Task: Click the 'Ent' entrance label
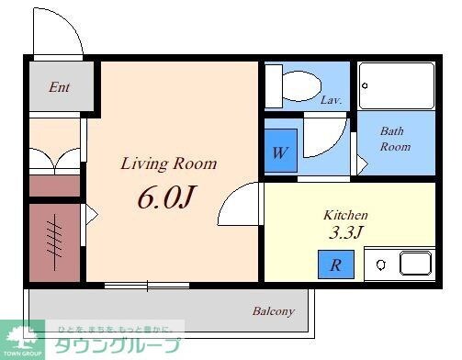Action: pos(60,88)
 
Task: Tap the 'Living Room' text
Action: pos(169,164)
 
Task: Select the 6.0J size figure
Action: pos(168,196)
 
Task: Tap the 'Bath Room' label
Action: pos(395,139)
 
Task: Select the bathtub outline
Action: pos(396,85)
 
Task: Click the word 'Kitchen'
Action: pos(345,215)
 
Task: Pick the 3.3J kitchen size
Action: pos(346,231)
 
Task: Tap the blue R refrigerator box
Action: pos(335,265)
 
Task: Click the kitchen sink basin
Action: pos(415,264)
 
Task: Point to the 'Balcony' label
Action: pos(274,311)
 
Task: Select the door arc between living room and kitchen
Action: pos(242,204)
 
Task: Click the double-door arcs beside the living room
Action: pos(55,161)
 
